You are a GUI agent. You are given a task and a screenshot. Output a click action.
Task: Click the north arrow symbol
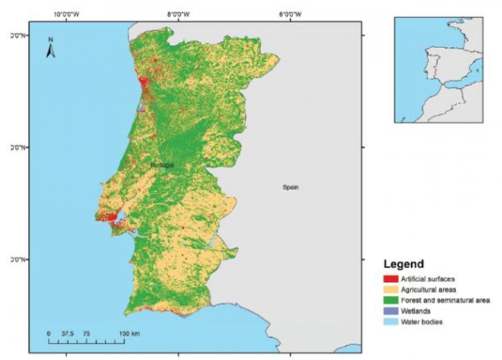point(51,49)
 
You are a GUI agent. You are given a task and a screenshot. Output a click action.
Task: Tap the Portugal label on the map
point(162,165)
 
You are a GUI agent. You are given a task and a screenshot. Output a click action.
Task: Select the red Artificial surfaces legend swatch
point(391,278)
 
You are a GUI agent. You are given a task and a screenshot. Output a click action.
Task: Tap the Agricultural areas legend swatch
point(391,289)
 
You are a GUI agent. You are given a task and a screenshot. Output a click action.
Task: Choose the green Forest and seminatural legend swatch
point(391,300)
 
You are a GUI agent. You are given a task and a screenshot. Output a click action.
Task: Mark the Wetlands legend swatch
point(391,311)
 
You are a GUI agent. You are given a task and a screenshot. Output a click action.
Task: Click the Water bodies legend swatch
point(391,322)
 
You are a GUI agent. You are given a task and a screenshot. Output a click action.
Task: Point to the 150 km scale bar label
point(130,334)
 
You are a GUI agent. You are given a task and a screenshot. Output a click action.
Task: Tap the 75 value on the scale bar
point(86,334)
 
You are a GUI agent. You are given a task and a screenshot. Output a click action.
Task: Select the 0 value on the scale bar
point(49,334)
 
